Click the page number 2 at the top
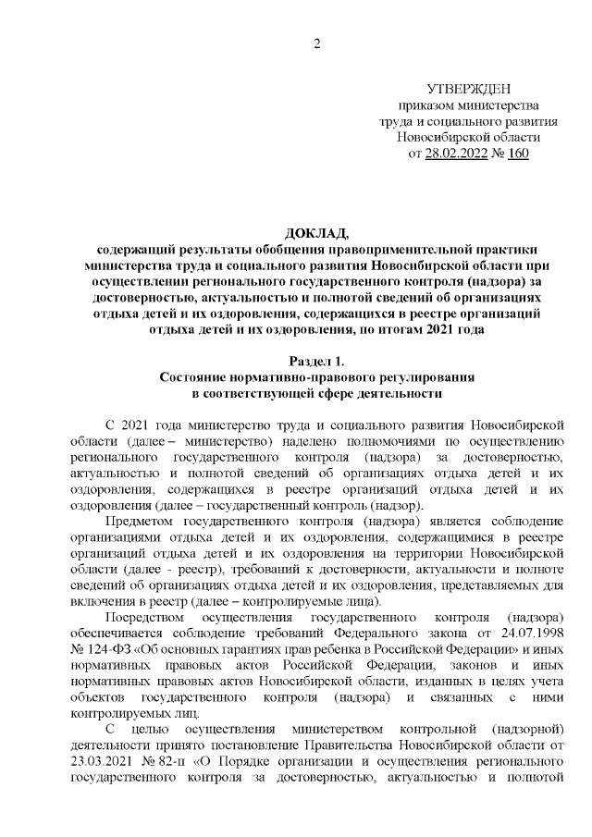click(x=316, y=43)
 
